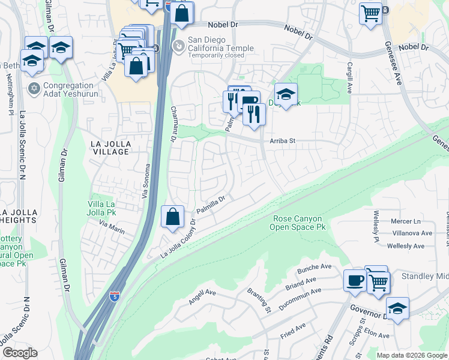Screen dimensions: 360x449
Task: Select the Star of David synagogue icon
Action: (34, 89)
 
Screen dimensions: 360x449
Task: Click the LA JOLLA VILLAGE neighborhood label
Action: (110, 148)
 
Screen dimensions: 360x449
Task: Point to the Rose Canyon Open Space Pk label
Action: (298, 223)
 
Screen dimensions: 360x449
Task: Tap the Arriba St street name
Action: (284, 142)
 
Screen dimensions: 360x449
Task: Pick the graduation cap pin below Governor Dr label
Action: (397, 308)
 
